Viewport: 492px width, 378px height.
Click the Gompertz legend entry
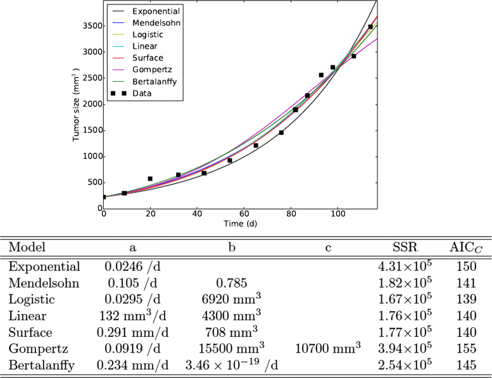[147, 69]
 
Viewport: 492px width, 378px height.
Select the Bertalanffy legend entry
[151, 81]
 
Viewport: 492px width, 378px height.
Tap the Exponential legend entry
[156, 11]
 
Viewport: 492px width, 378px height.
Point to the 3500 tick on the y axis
[89, 26]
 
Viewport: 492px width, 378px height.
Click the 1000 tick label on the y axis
[89, 156]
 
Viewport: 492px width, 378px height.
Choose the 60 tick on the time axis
[244, 214]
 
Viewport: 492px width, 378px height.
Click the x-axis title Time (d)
[240, 224]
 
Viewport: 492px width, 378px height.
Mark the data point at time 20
[150, 179]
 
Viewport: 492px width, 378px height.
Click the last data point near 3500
[370, 27]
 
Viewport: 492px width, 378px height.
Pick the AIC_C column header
[465, 246]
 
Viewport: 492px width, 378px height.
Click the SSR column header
[405, 246]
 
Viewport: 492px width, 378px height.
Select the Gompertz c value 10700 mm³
[329, 348]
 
